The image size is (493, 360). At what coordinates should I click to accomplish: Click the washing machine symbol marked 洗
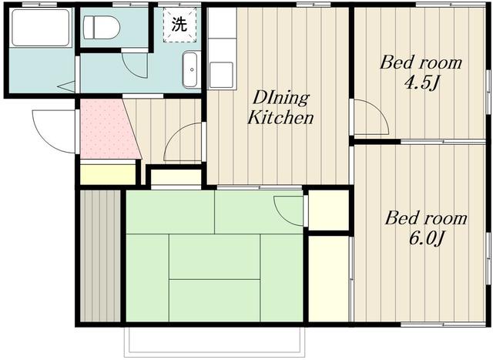tap(179, 25)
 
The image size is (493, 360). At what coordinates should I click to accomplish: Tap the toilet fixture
tap(102, 27)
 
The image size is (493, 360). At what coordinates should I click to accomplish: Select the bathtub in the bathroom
tap(41, 28)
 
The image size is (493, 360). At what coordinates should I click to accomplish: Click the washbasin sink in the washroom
tap(190, 70)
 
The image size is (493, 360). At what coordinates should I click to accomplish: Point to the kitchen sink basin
tap(221, 75)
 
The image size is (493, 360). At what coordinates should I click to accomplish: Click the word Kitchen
tap(280, 118)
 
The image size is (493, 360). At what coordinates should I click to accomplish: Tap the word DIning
tap(281, 98)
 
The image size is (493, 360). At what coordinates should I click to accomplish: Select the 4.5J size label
tap(421, 83)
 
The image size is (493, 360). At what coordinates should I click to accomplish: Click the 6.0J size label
tap(426, 238)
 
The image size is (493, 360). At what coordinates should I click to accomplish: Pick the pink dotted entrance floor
tap(109, 129)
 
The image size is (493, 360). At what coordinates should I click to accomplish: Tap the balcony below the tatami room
tap(214, 341)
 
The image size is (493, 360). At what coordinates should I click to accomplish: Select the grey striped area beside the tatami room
tap(100, 256)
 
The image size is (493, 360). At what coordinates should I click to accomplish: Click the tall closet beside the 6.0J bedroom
tap(329, 279)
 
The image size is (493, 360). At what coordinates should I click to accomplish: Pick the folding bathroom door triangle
tap(67, 86)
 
